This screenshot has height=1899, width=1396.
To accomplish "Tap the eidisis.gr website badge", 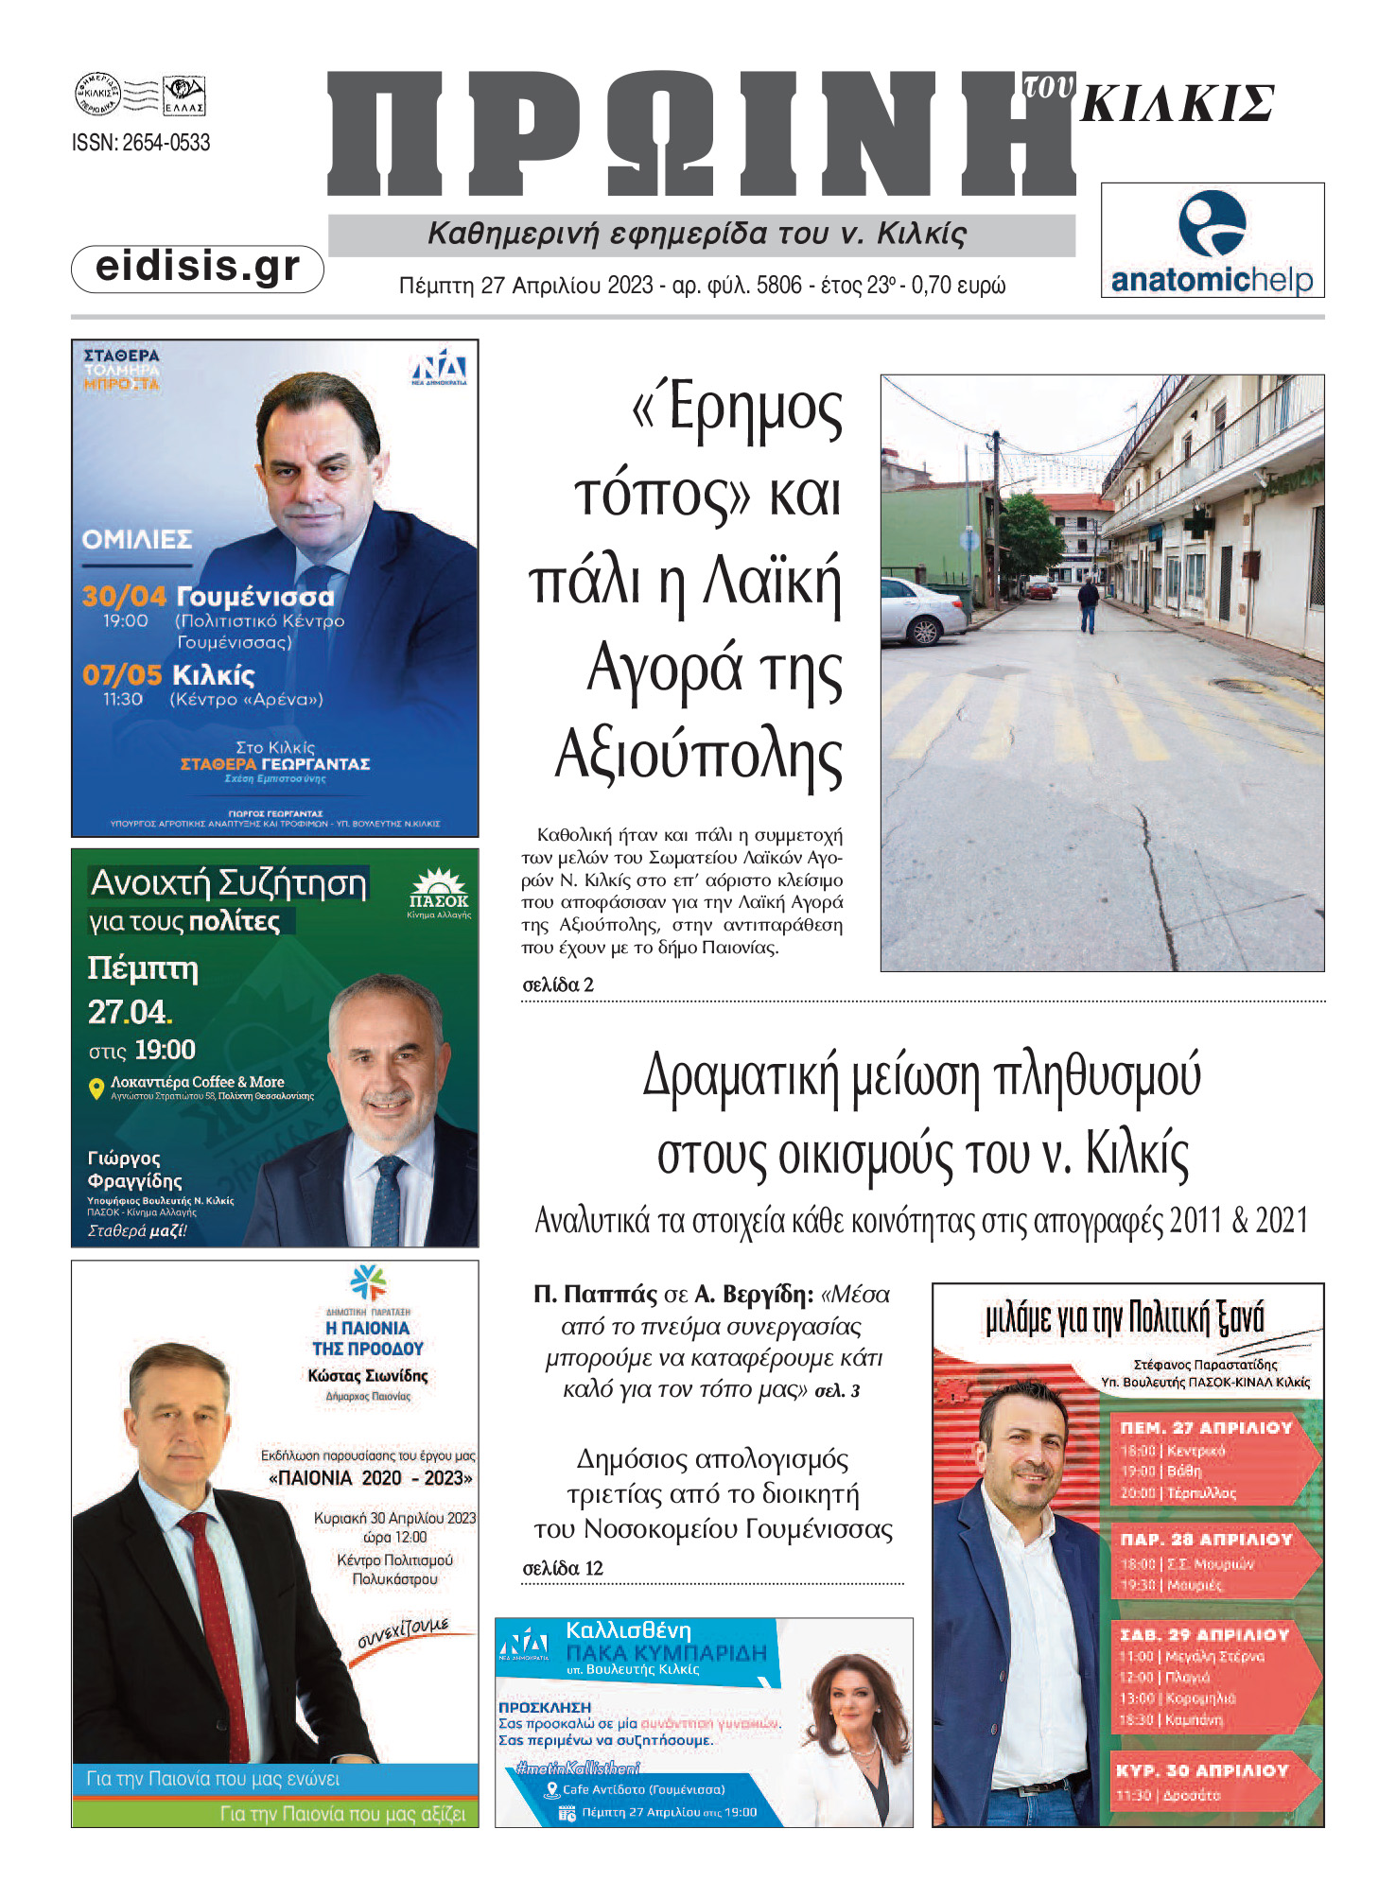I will [x=198, y=268].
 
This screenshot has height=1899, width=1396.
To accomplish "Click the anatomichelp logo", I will [x=1212, y=242].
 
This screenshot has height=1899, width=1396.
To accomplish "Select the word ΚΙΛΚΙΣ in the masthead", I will [x=1178, y=105].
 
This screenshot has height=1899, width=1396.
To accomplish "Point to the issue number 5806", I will [x=778, y=286].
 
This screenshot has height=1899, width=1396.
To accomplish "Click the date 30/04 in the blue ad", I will [x=124, y=597].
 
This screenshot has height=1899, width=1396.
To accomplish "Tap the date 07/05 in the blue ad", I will [x=122, y=675].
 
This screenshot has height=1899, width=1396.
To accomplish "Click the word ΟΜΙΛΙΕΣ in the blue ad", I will [x=137, y=540].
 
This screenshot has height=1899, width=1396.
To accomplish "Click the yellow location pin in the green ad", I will [x=96, y=1089].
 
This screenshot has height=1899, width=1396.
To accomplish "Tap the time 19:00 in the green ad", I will [x=165, y=1051].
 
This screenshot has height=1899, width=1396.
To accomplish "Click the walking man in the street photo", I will [x=1089, y=606].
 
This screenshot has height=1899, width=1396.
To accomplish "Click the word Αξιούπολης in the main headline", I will [x=698, y=757].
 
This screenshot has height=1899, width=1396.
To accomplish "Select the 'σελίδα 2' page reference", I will [x=558, y=985].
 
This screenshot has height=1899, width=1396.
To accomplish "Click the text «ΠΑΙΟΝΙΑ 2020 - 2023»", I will [x=371, y=1478].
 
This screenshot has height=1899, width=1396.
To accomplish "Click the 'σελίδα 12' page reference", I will [x=563, y=1569].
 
